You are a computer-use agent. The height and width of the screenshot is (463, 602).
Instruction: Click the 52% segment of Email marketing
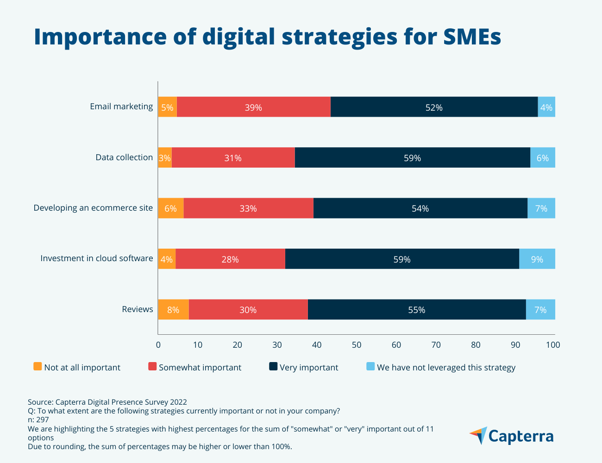434,107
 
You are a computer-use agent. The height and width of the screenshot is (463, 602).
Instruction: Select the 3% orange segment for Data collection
165,157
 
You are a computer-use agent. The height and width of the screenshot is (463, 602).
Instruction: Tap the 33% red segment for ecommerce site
248,208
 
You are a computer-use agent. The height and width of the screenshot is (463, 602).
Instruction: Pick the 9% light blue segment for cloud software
537,259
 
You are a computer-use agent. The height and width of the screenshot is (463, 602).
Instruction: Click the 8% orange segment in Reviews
173,309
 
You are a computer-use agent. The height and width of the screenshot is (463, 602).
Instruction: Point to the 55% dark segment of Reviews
416,309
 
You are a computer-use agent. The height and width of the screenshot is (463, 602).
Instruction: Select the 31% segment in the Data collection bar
233,157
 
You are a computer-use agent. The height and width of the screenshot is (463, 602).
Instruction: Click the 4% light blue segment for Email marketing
546,107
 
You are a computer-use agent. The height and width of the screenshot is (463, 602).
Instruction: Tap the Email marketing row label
121,106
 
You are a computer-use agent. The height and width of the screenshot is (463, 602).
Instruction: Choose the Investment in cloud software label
96,258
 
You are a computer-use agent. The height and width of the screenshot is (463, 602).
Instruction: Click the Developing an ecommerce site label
93,208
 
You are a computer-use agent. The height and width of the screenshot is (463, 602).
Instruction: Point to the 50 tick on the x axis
357,345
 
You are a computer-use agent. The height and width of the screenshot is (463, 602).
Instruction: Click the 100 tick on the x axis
553,345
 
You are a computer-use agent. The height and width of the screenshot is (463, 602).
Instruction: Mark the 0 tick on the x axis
158,345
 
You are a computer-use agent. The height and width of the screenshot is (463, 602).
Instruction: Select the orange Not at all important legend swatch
38,367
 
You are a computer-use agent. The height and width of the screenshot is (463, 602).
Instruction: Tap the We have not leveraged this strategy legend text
446,368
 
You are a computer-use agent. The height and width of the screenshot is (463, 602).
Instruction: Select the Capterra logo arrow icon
479,435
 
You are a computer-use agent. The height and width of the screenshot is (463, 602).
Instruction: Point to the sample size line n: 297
38,420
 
